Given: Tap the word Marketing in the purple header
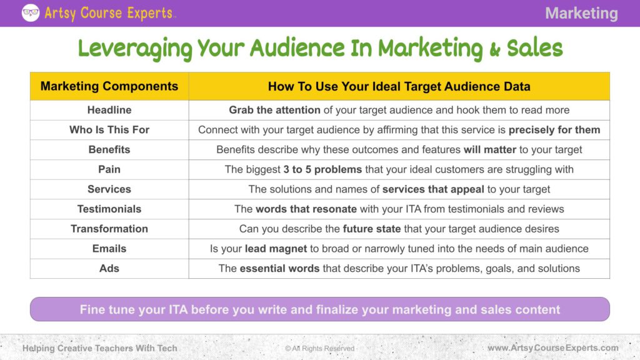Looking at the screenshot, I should click(581, 13).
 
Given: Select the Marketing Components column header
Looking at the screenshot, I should click(109, 86).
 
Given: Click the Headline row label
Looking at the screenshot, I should click(109, 110).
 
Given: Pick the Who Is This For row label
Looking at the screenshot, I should click(109, 130).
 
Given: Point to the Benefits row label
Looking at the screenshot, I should click(109, 149).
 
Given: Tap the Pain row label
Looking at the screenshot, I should click(109, 169).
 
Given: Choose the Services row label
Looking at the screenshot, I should click(109, 189).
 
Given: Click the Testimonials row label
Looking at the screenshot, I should click(109, 209).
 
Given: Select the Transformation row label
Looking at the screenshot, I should click(109, 229).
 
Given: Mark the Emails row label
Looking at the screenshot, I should click(109, 249).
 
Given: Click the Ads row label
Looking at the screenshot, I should click(109, 268).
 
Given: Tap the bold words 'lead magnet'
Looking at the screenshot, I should click(276, 249).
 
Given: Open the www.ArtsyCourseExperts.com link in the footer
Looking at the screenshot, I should click(553, 348).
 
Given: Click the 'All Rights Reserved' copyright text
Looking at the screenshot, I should click(320, 348).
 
